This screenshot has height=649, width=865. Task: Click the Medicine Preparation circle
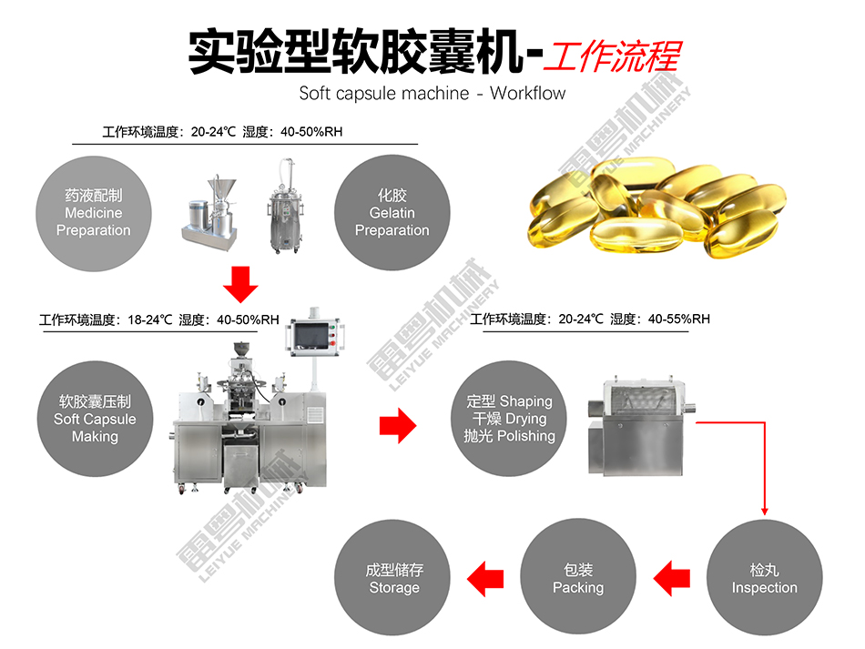click(94, 213)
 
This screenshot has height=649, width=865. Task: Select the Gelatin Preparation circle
click(392, 213)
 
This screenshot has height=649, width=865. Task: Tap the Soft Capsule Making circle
click(95, 419)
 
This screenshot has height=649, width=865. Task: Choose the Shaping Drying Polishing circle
click(509, 419)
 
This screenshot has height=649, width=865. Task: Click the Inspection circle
click(765, 578)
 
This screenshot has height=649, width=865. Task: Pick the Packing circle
click(578, 577)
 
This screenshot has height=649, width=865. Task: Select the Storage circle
click(392, 578)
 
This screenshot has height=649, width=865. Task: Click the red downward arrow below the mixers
click(240, 285)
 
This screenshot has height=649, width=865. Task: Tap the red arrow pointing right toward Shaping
click(398, 426)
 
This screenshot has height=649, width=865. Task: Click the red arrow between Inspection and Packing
click(671, 578)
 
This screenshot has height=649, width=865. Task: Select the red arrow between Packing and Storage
click(485, 579)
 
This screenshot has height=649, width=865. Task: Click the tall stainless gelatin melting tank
click(285, 207)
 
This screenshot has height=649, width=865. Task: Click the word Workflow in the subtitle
click(527, 93)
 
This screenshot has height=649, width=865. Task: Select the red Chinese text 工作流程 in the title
click(613, 56)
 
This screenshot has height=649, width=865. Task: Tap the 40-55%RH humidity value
click(679, 319)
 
